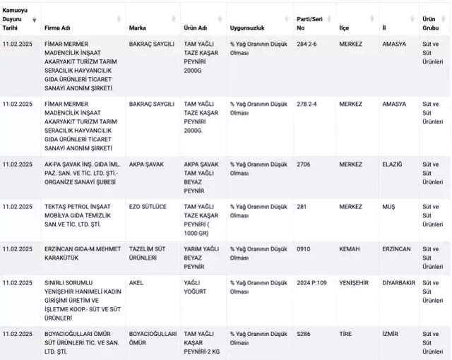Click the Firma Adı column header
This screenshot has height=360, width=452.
[58, 28]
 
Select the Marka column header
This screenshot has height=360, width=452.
[138, 28]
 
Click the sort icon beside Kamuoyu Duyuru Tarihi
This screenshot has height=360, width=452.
[35, 20]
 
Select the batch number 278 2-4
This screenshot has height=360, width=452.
[309, 104]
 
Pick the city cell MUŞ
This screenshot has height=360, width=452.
[389, 206]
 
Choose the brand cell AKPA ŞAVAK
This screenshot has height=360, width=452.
[146, 164]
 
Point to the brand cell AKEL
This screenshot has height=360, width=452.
[137, 282]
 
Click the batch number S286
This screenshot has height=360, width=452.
[304, 333]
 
